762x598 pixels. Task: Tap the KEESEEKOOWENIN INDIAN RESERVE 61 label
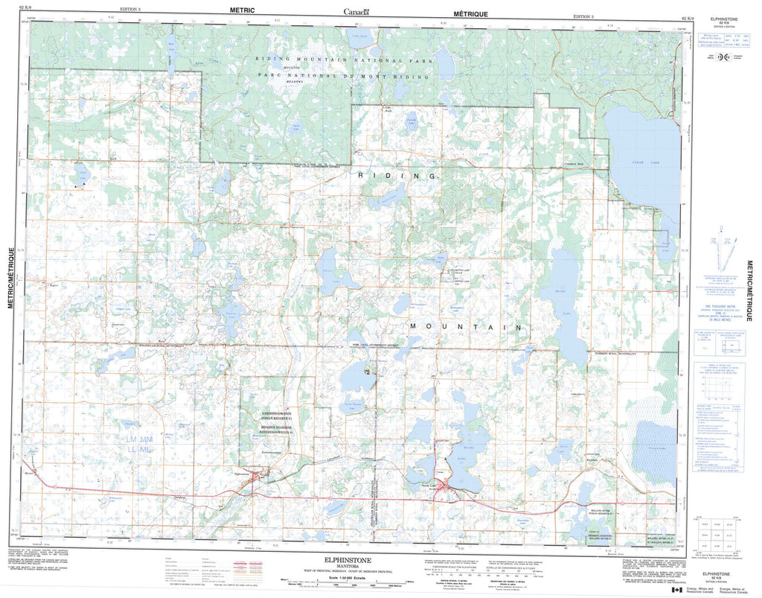click(277, 416)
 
